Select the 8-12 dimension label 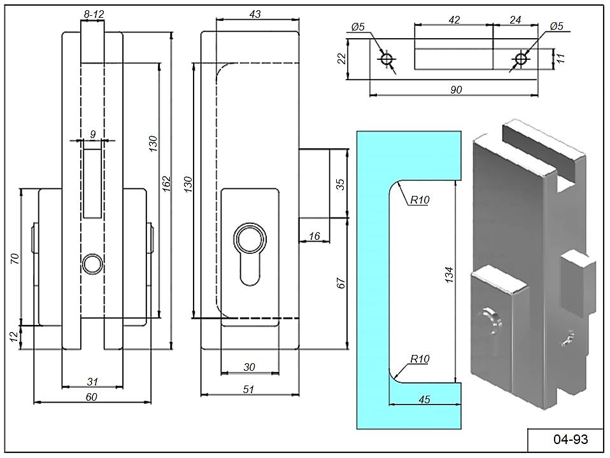[93, 13]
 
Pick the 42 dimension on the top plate [453, 20]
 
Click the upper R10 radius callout [420, 200]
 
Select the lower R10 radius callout [420, 359]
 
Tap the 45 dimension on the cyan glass [425, 399]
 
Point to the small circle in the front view [92, 263]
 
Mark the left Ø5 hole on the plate [387, 59]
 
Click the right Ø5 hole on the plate [521, 59]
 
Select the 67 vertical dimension [341, 284]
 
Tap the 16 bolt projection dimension [314, 236]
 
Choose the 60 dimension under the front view [92, 398]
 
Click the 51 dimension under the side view [249, 390]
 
